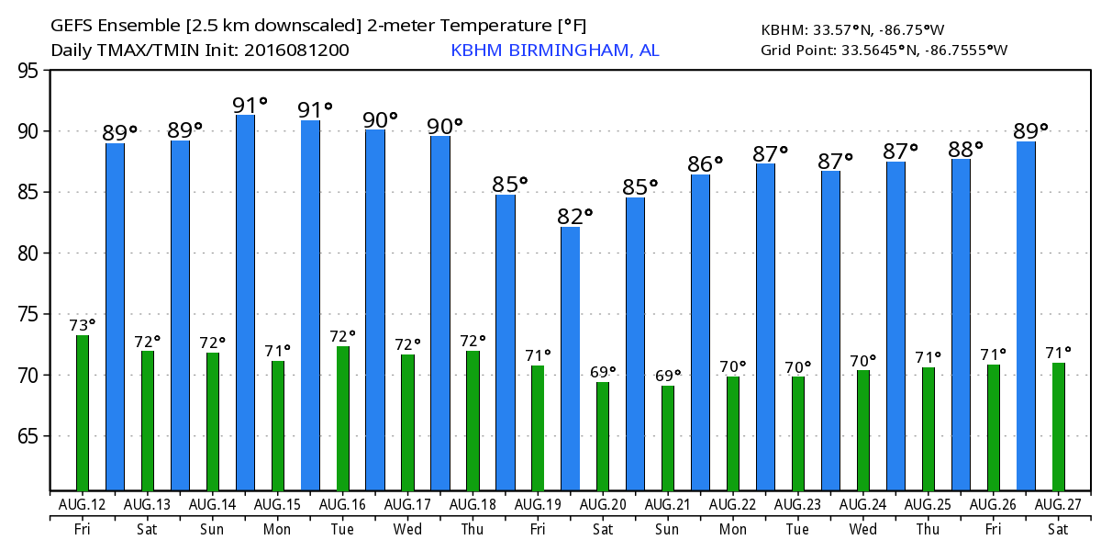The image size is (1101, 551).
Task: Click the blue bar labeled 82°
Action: click(x=570, y=358)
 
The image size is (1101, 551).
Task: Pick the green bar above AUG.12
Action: click(x=83, y=413)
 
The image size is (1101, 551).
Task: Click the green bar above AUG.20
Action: click(x=603, y=436)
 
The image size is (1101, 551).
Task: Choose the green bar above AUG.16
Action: click(x=343, y=419)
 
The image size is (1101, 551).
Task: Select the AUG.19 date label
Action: click(x=538, y=504)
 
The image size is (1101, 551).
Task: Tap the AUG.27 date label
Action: click(x=1058, y=504)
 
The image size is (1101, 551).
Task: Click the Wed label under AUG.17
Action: click(x=407, y=529)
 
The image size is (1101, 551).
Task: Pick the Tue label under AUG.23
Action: click(x=797, y=529)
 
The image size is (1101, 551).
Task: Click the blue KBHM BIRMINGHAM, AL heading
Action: click(x=554, y=51)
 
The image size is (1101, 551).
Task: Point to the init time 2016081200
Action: click(x=295, y=51)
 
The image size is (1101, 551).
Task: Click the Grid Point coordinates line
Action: click(x=884, y=51)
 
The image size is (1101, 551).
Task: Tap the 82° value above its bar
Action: click(x=575, y=217)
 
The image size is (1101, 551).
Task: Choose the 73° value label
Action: click(x=83, y=325)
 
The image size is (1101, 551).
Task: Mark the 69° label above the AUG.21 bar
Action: click(x=668, y=375)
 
